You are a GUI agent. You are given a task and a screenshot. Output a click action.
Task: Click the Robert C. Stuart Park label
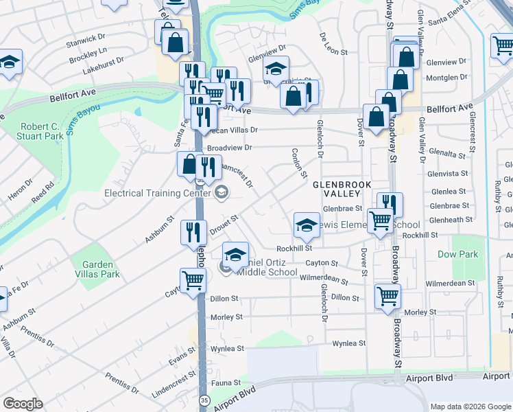(x=43, y=131)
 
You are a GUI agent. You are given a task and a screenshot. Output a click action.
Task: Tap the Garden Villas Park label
(x=101, y=269)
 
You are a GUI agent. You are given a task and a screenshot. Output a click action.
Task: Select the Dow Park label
(x=457, y=254)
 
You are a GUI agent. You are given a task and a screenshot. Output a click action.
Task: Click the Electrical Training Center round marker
(x=222, y=192)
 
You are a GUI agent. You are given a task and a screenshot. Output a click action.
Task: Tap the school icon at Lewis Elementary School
(x=307, y=225)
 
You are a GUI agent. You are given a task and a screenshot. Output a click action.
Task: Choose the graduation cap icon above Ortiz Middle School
(x=235, y=255)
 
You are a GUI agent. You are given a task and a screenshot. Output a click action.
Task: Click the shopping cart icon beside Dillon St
(x=387, y=297)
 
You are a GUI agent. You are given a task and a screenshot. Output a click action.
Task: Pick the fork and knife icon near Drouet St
(x=193, y=232)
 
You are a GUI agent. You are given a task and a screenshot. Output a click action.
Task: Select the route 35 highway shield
(x=204, y=400)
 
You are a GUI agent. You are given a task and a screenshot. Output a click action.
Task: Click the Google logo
(x=23, y=404)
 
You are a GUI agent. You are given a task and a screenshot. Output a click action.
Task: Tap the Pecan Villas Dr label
(x=232, y=130)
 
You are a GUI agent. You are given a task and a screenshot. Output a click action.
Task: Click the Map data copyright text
(x=470, y=407)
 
